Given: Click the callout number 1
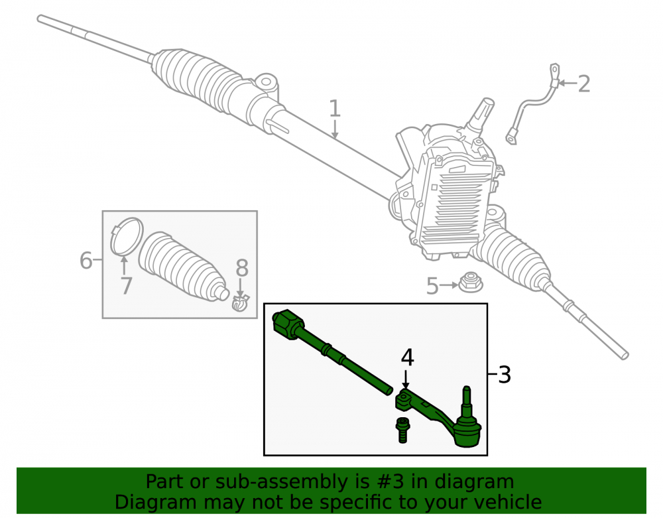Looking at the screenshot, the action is point(334,109).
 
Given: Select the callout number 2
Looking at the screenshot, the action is point(583,84).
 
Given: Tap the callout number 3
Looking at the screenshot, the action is point(505,375).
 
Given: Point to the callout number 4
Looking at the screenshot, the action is point(407,357).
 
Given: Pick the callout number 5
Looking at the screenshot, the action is point(432,286).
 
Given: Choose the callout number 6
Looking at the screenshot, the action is point(86,260).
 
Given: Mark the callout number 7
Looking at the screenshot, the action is point(127,286).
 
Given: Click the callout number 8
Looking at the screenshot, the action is point(242,268).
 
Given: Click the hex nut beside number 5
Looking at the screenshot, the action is point(471,282).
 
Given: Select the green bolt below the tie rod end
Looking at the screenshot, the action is point(403,430).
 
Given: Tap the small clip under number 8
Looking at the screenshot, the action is point(240,302).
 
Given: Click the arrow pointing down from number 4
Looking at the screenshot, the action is point(406,379).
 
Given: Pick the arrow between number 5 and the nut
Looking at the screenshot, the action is point(449,285).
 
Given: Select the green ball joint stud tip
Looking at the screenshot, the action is point(466,389).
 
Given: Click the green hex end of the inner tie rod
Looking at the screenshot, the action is point(288,324).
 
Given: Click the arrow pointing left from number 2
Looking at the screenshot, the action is point(566,84).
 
